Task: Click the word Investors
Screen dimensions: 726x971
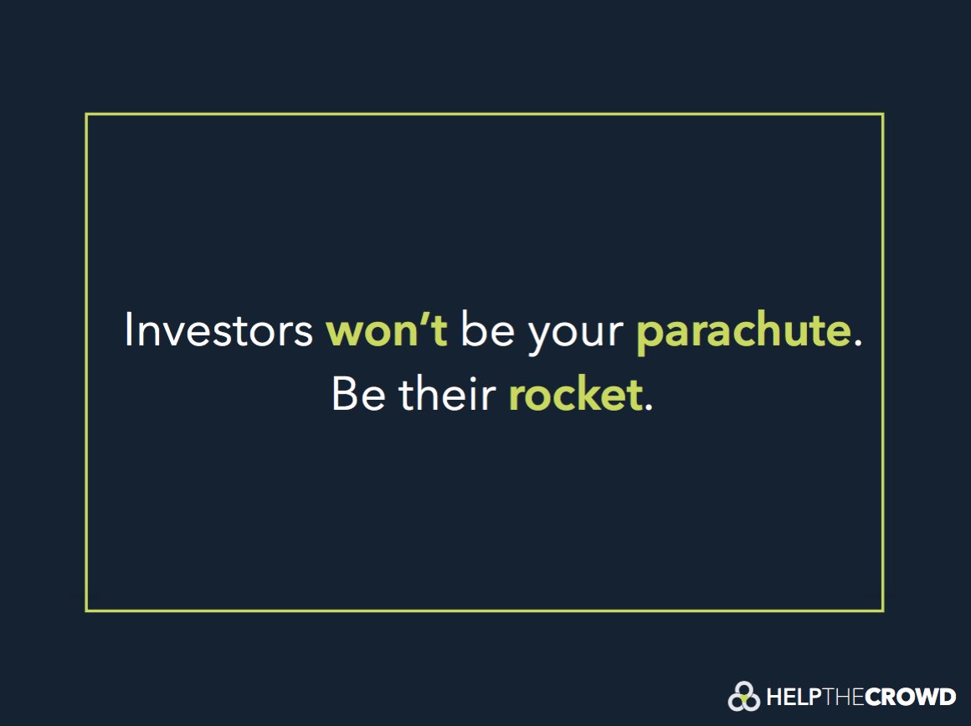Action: pos(218,330)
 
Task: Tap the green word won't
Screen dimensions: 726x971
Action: pos(387,330)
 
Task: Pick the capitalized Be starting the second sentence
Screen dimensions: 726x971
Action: pos(359,394)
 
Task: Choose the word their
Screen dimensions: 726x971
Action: pos(447,394)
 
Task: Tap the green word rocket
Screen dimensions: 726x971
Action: pos(575,394)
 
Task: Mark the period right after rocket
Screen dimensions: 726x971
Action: pos(649,407)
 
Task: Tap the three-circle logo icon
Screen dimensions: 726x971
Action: pos(743,696)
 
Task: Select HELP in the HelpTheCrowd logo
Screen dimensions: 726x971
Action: pos(788,696)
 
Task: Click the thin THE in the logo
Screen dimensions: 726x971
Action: pos(837,696)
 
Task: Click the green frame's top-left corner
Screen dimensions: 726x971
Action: pos(86,115)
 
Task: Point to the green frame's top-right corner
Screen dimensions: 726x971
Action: pos(883,115)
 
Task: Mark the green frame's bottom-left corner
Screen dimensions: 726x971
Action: pos(86,611)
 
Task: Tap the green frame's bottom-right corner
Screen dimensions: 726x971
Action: pos(883,611)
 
